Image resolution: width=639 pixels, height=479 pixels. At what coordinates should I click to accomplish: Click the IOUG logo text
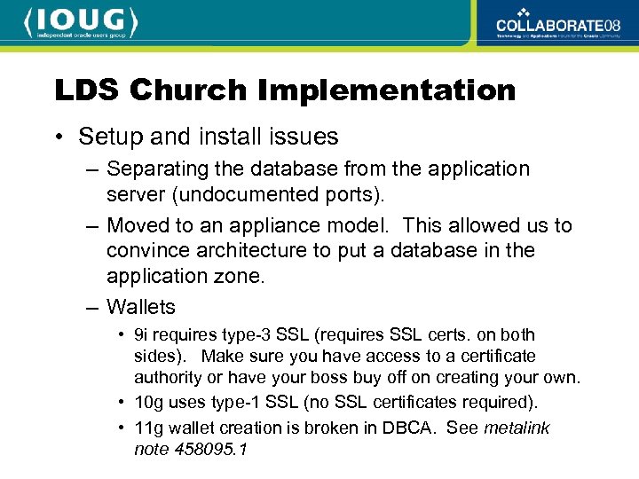pyautogui.click(x=81, y=20)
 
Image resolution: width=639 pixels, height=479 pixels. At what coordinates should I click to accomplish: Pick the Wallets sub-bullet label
pyautogui.click(x=141, y=307)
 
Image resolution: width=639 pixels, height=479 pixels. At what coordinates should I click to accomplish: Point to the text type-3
pyautogui.click(x=241, y=335)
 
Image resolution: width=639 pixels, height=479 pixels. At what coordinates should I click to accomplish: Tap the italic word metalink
pyautogui.click(x=517, y=428)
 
